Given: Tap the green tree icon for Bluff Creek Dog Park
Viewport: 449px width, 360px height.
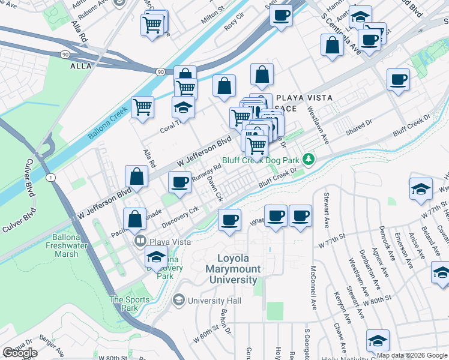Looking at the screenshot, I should tap(309, 159).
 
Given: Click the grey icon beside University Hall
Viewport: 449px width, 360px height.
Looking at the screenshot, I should tap(179, 299).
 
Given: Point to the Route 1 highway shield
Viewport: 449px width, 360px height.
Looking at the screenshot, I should tap(52, 177).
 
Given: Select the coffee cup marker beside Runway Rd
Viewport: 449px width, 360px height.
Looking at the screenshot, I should tap(179, 182).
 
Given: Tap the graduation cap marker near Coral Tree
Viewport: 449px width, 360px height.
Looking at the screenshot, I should tap(183, 108).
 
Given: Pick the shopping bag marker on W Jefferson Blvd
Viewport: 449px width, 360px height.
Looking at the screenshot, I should tap(136, 176).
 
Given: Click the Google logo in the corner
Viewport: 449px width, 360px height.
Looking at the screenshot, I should tap(20, 353).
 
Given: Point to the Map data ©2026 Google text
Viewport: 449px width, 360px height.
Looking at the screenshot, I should tap(412, 355).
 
